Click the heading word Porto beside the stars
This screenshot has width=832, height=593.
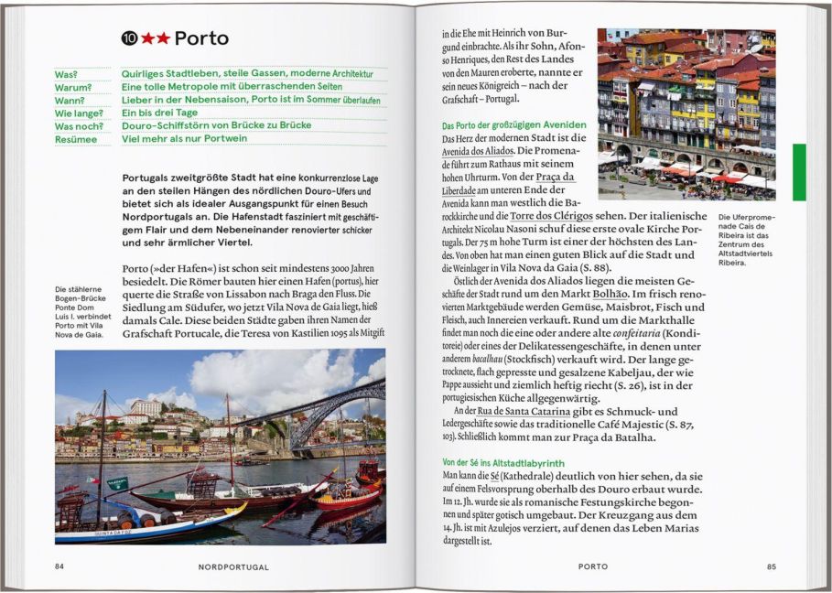(201, 38)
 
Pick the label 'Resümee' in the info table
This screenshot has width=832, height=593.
(75, 139)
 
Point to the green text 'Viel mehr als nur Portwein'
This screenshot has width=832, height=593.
(184, 139)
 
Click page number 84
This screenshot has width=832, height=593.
(59, 566)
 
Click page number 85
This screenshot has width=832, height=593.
(771, 566)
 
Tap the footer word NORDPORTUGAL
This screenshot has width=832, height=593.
(233, 566)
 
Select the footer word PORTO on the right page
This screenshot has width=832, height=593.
(592, 566)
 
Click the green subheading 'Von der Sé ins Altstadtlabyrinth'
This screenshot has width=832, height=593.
(502, 463)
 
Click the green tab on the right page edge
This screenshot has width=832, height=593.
(799, 171)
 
